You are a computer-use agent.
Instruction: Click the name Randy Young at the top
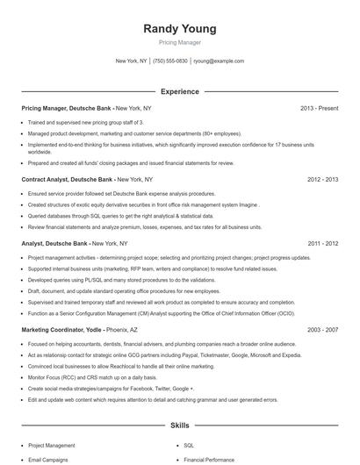coord(179,29)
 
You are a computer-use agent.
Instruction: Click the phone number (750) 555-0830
coord(170,61)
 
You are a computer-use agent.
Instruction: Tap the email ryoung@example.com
coord(219,61)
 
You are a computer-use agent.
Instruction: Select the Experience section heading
coord(179,91)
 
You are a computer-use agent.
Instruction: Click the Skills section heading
coord(179,426)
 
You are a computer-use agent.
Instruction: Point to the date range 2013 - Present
coord(319,108)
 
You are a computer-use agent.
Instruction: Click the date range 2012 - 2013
coord(322,179)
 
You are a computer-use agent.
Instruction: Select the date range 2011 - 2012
coord(322,243)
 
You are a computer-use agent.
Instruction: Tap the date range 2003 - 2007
coord(322,330)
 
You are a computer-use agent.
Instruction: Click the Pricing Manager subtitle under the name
coord(179,42)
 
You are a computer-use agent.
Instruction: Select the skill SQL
coord(188,445)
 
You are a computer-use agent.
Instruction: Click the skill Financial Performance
coord(209,459)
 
